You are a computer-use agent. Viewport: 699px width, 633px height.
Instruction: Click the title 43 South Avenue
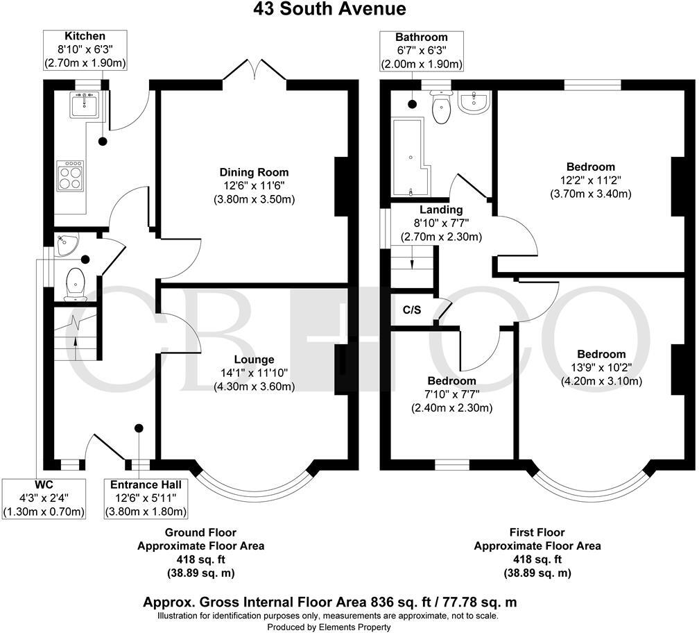click(x=349, y=9)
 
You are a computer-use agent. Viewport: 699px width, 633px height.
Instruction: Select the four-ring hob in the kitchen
click(x=70, y=175)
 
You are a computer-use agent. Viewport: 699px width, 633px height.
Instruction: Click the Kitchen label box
click(x=85, y=50)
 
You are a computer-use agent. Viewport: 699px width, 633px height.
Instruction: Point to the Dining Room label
click(x=254, y=172)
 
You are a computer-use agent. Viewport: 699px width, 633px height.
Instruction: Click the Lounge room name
click(x=254, y=360)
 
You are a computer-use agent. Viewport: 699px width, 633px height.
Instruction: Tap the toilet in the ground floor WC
click(x=74, y=285)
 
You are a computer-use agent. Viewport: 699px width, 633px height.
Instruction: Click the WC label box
click(x=44, y=498)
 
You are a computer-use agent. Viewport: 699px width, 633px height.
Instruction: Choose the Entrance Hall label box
click(x=146, y=498)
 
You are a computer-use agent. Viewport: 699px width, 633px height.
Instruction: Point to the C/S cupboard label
click(x=413, y=310)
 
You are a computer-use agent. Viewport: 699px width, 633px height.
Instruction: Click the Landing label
click(x=441, y=210)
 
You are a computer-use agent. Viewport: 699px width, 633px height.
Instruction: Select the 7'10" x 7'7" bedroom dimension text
click(x=451, y=394)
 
